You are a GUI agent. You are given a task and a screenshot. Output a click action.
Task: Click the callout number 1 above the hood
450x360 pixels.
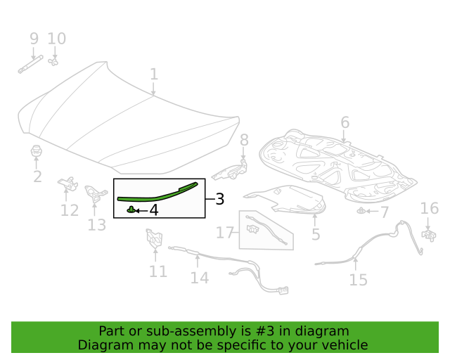pyautogui.click(x=154, y=75)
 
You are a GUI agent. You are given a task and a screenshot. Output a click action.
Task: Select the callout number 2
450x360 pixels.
pyautogui.click(x=37, y=176)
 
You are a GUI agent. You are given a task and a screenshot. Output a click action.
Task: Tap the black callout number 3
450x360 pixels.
pyautogui.click(x=219, y=199)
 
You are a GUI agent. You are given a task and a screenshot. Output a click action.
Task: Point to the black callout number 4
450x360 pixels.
pyautogui.click(x=153, y=210)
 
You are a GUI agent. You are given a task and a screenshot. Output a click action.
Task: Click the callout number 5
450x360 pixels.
pyautogui.click(x=316, y=234)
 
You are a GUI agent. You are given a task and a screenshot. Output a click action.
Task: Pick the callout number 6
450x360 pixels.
pyautogui.click(x=345, y=123)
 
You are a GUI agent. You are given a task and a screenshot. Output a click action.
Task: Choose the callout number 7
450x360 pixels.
pyautogui.click(x=384, y=212)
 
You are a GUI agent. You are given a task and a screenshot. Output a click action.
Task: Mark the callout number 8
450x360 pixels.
pyautogui.click(x=244, y=140)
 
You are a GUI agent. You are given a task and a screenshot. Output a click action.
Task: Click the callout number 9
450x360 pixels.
pyautogui.click(x=34, y=39)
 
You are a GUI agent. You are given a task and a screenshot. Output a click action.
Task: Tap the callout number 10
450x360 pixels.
pyautogui.click(x=56, y=39)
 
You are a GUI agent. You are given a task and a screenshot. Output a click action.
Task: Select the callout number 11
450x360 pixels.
pyautogui.click(x=158, y=271)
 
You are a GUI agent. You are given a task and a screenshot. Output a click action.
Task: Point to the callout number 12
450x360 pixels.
pyautogui.click(x=69, y=210)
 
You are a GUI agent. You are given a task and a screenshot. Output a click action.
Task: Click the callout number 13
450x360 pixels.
pyautogui.click(x=96, y=225)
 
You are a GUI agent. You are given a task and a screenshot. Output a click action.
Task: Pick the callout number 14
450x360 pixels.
pyautogui.click(x=199, y=278)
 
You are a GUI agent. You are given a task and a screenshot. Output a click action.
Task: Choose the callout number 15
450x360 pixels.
pyautogui.click(x=358, y=281)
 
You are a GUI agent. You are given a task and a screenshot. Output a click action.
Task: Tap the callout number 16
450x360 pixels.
pyautogui.click(x=429, y=208)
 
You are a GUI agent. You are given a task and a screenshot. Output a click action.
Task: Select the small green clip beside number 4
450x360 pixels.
pyautogui.click(x=131, y=209)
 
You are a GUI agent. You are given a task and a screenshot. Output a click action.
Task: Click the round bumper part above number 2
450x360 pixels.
pyautogui.click(x=37, y=150)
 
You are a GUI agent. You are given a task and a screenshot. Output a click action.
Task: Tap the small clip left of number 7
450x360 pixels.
pyautogui.click(x=361, y=210)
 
